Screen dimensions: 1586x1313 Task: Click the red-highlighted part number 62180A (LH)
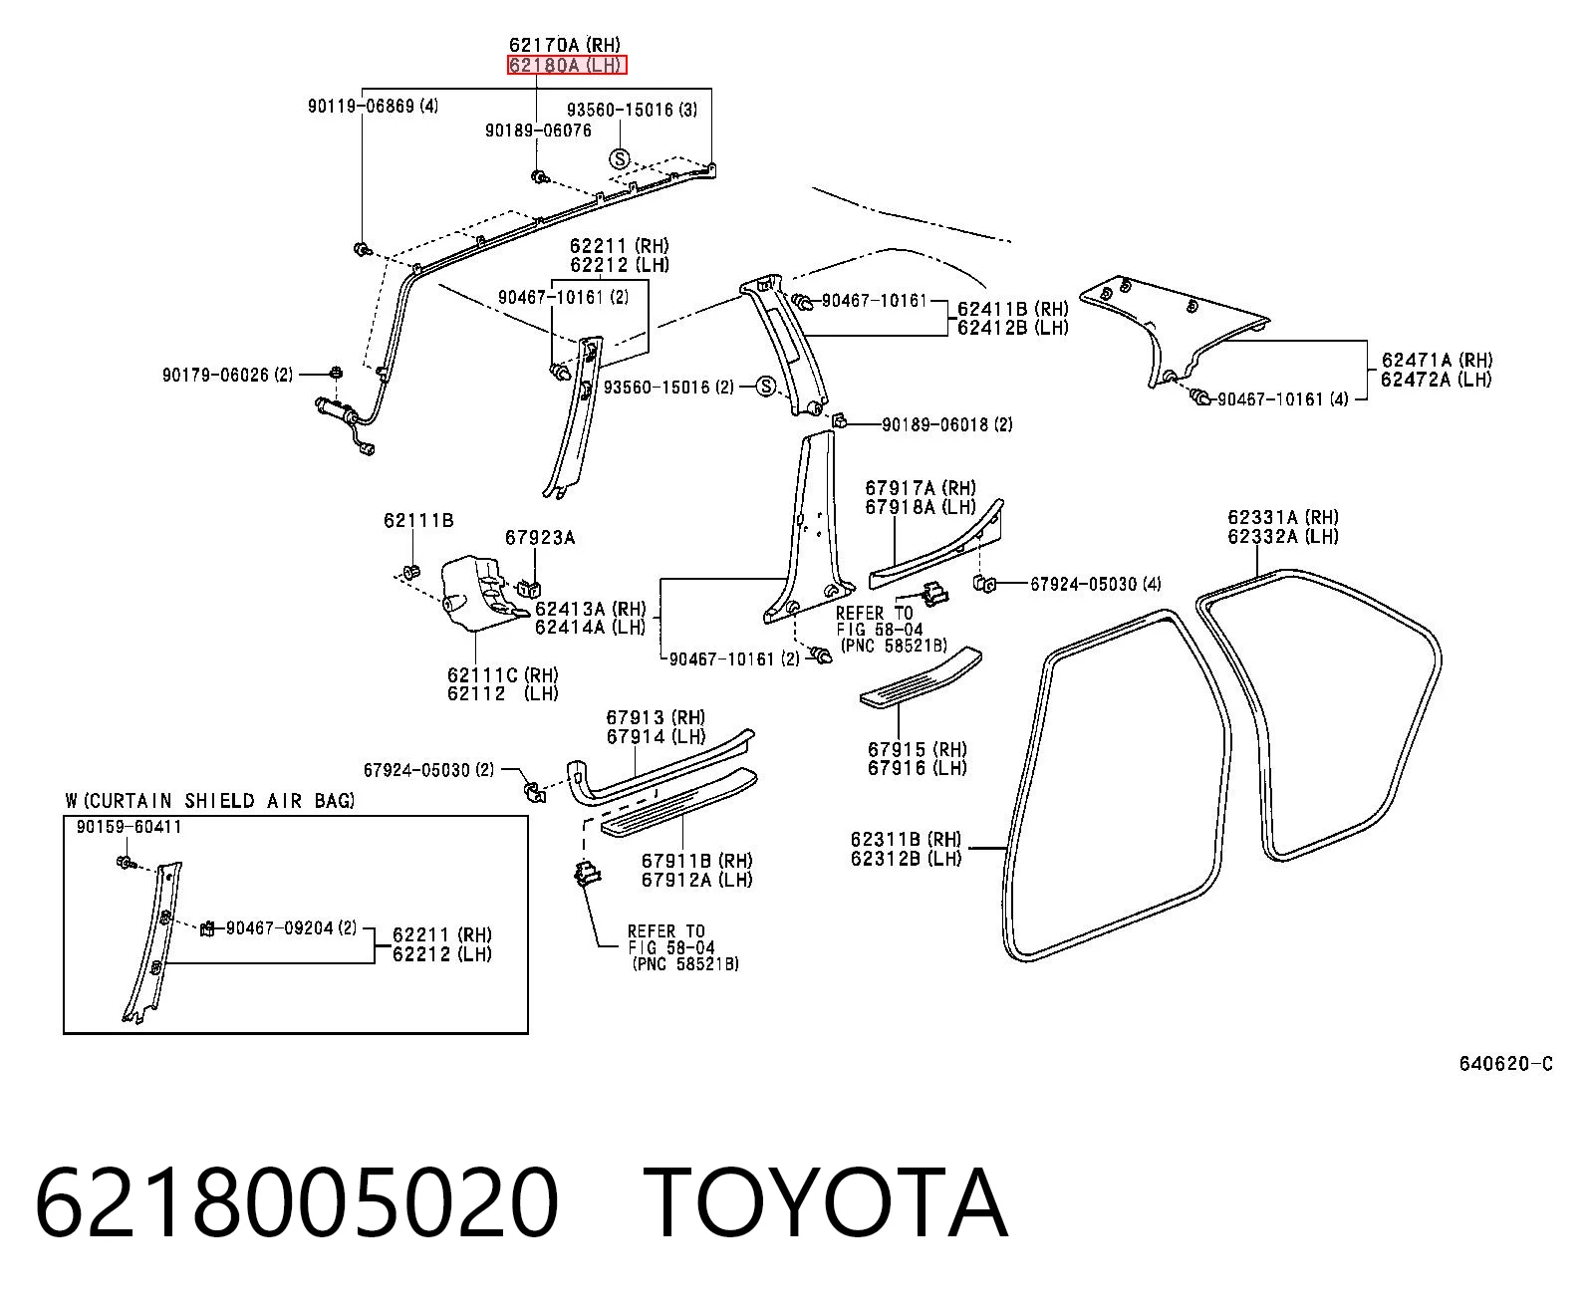pyautogui.click(x=567, y=66)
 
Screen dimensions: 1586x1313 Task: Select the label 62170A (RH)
pyautogui.click(x=565, y=45)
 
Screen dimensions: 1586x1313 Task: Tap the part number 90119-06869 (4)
pyautogui.click(x=373, y=106)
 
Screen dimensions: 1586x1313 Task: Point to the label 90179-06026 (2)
pyautogui.click(x=227, y=375)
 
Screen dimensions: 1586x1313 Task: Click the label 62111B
pyautogui.click(x=418, y=520)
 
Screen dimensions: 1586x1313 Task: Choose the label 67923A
pyautogui.click(x=540, y=538)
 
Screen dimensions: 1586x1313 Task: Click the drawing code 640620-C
pyautogui.click(x=1505, y=1064)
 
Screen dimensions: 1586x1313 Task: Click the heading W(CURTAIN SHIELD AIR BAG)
pyautogui.click(x=209, y=801)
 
